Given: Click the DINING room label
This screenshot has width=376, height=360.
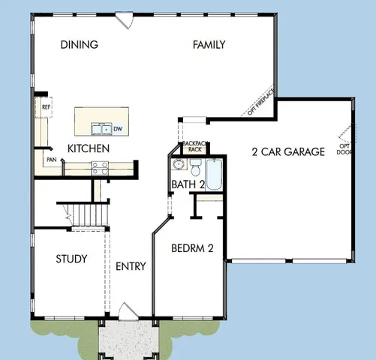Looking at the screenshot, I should [79, 45].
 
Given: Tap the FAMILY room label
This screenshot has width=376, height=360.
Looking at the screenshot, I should [209, 45].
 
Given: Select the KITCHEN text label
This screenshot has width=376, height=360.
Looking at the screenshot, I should [89, 148].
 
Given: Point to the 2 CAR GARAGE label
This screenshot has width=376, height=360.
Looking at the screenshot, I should [288, 151].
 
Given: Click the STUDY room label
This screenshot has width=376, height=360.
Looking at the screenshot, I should [71, 259].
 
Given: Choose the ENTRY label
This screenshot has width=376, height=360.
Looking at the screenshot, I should [131, 266].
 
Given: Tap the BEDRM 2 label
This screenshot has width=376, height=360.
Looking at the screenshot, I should [193, 248].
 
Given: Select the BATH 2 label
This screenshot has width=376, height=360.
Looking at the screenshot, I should [188, 184].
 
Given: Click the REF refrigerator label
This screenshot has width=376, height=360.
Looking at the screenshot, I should [46, 107].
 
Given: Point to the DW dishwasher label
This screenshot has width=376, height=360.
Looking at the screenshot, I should [119, 129].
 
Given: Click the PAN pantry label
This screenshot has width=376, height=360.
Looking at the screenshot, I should [52, 159].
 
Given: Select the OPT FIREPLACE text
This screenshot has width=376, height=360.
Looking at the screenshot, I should [261, 102].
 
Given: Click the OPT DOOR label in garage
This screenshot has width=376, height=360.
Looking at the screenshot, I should [344, 148].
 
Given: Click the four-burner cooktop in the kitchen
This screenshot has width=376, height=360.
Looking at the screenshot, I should [99, 168].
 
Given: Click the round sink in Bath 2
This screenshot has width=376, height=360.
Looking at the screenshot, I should [178, 165].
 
